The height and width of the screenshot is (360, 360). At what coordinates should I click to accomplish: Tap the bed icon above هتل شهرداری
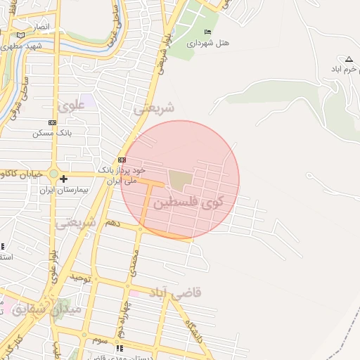point(207,32)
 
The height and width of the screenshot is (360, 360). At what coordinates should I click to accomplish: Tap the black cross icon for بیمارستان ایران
point(63,179)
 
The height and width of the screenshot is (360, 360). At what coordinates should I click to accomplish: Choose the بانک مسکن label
point(53,133)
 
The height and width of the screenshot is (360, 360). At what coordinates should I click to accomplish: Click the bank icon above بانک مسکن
point(52,122)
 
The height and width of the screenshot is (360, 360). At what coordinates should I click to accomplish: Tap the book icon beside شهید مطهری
point(21,34)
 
